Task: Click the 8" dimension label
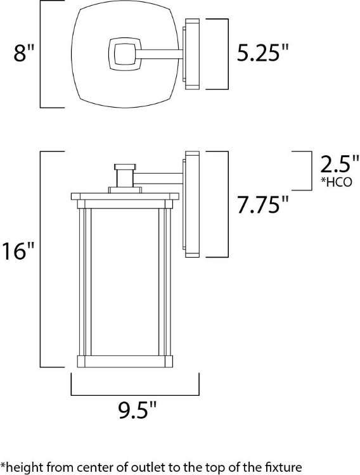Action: pos(23,54)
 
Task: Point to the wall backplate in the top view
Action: pos(191,53)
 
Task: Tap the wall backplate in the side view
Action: pos(192,205)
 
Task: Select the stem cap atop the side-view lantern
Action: pos(125,167)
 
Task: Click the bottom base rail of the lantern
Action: pos(125,362)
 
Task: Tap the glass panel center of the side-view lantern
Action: pos(125,279)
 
